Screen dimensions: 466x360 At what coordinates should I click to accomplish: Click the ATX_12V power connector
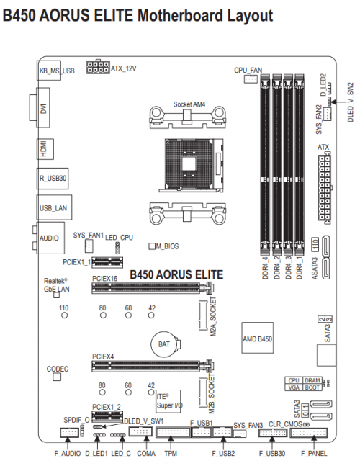97,68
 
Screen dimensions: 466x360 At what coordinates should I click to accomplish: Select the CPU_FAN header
250,80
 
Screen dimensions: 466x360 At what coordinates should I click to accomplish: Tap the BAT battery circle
163,345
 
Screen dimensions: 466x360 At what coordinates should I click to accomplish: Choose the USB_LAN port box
53,207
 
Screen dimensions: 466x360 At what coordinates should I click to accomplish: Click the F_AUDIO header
69,434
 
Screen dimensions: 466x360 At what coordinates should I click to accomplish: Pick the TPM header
171,434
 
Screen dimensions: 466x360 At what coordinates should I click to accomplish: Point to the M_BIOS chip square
152,246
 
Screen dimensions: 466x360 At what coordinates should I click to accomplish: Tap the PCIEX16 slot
152,290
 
